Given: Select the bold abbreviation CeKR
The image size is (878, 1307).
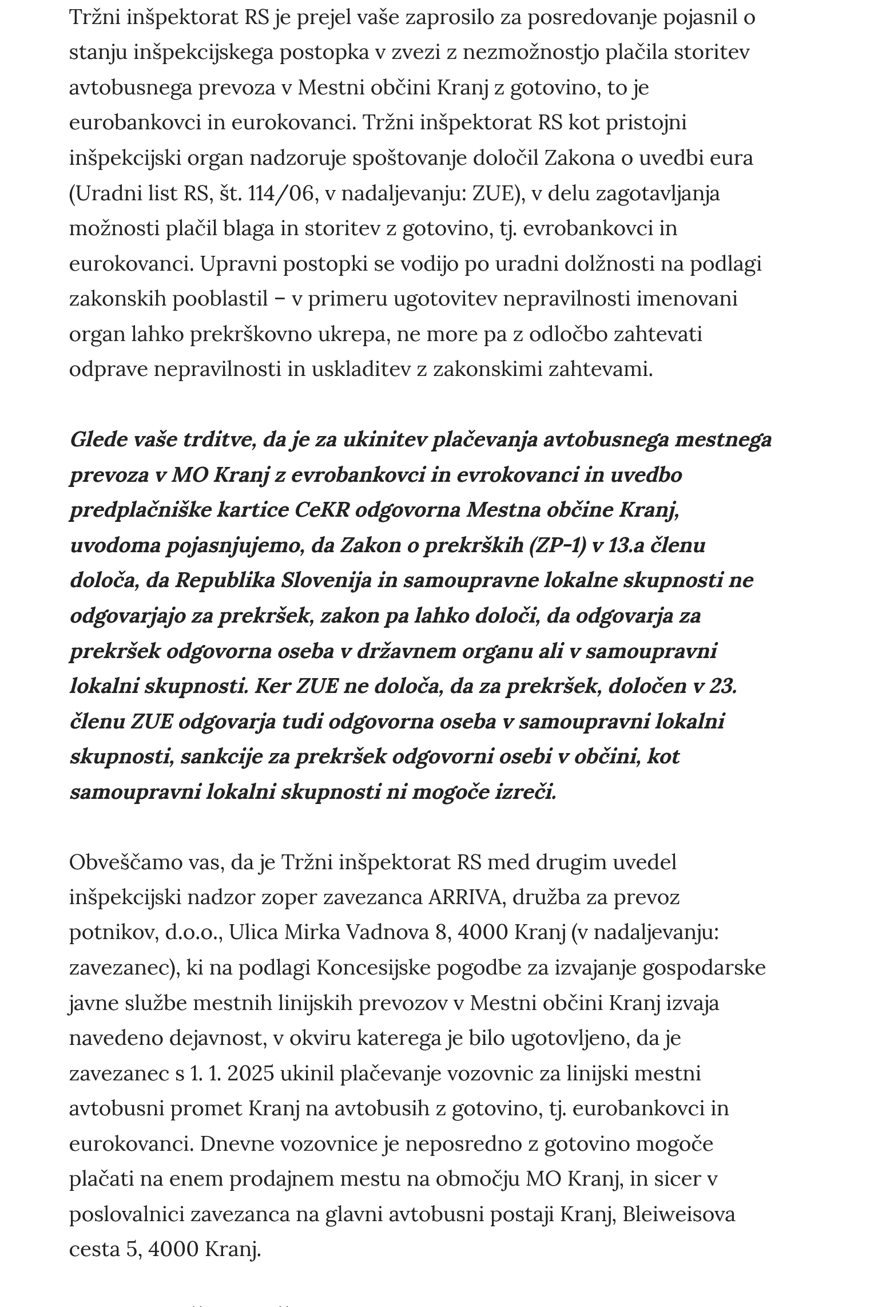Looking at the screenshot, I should (321, 510).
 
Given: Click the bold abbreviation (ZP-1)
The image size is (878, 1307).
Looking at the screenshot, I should (558, 545).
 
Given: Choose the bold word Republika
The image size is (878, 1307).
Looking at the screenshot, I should (224, 580).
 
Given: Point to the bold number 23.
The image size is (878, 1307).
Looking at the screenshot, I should (722, 686).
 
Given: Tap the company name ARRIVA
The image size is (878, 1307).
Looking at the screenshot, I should (464, 897).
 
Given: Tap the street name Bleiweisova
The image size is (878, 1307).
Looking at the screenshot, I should (678, 1214).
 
